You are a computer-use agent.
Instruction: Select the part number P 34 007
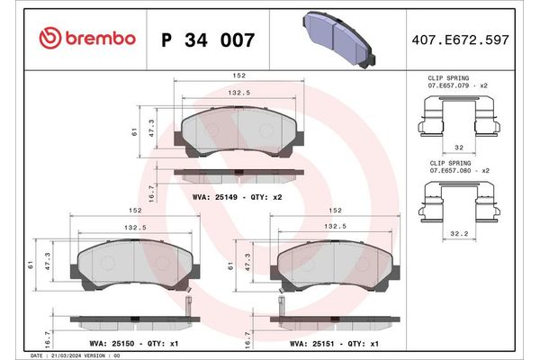[x=207, y=40]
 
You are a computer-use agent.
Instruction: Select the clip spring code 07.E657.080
[x=451, y=170]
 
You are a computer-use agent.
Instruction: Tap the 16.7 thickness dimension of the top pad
[x=150, y=193]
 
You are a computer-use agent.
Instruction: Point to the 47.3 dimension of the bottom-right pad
[x=249, y=268]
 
